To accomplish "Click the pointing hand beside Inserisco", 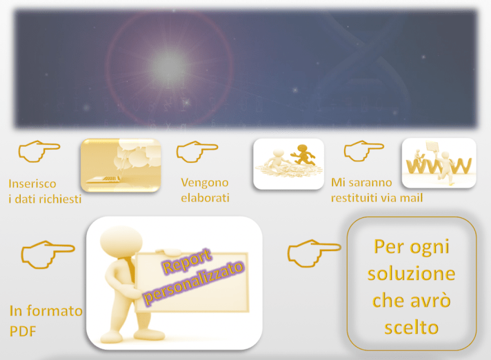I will point(38,151).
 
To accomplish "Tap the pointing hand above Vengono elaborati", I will point(197,151).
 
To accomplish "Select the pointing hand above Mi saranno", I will point(364,151).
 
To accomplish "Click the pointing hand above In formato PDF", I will point(47,254).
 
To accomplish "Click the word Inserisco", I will point(32,184).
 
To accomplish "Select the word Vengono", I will point(204,183).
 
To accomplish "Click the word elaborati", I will point(205,198).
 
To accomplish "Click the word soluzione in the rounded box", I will point(411,273).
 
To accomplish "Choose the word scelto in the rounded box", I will point(411,327).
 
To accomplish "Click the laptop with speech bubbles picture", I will point(121,166).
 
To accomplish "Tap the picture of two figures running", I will point(288,163).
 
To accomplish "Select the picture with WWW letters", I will point(439,163).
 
